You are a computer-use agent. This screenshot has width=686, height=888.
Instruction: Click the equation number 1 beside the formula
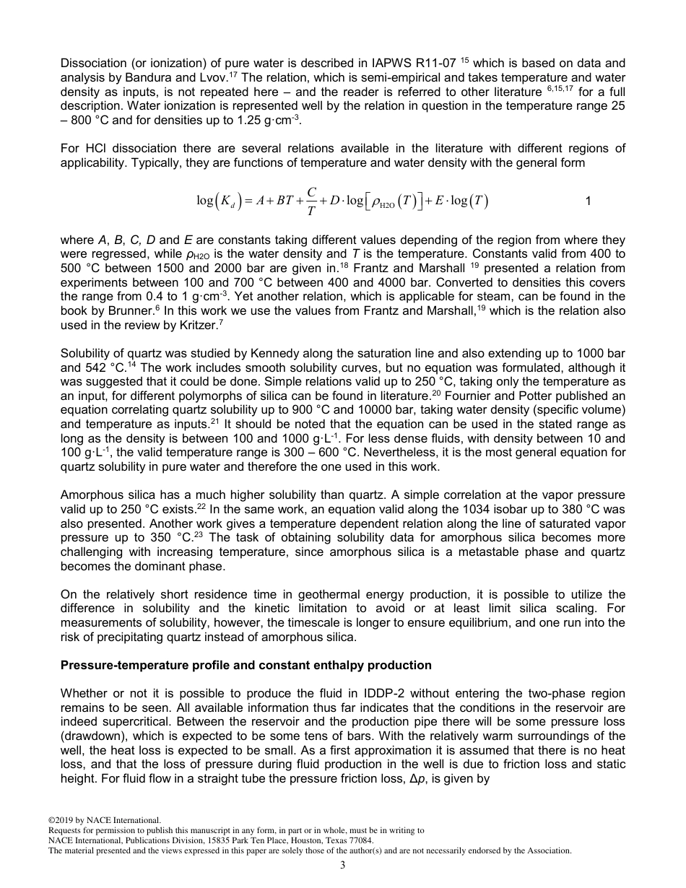pyautogui.click(x=588, y=201)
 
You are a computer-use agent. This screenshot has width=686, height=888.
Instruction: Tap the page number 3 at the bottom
pyautogui.click(x=342, y=866)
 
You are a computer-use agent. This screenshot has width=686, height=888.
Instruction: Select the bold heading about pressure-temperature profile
pyautogui.click(x=246, y=665)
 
